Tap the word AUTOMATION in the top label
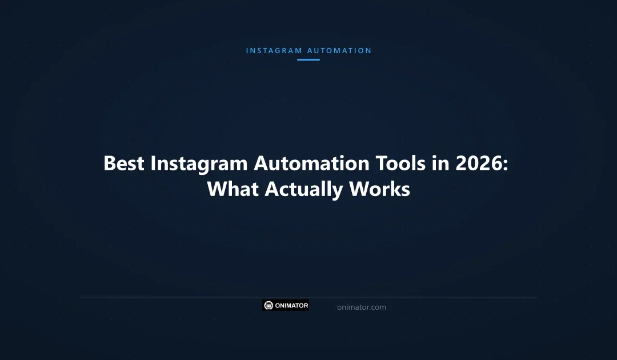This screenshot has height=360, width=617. [339, 51]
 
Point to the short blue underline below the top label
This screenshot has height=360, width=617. [308, 59]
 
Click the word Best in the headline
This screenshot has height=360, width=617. [124, 163]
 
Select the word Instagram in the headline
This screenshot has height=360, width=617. [199, 163]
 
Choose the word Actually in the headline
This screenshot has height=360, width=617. [303, 189]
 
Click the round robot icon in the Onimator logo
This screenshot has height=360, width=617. [269, 306]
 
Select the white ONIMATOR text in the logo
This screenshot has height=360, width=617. [291, 306]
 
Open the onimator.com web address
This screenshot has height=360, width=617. [361, 307]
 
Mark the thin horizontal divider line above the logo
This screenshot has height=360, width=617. [308, 297]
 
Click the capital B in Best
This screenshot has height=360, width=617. [110, 163]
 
